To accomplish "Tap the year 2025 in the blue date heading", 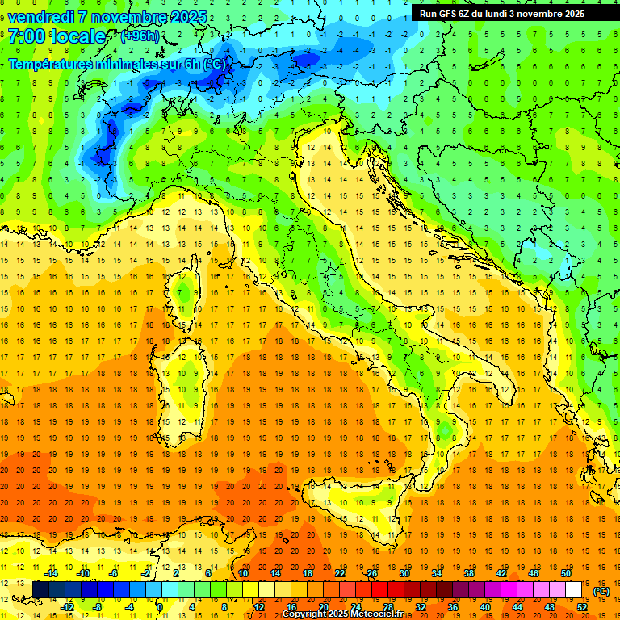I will click(x=185, y=17).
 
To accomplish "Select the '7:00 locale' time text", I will click(x=57, y=36).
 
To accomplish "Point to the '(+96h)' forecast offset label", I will click(x=139, y=36).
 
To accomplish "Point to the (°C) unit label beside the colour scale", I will click(x=601, y=590).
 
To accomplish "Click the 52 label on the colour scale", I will click(x=582, y=606).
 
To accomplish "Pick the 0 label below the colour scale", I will click(x=160, y=606).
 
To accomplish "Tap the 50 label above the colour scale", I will click(x=566, y=573).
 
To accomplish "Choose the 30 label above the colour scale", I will click(x=404, y=573).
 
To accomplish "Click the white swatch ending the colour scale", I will click(x=574, y=589).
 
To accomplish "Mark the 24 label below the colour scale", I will click(x=356, y=606).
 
